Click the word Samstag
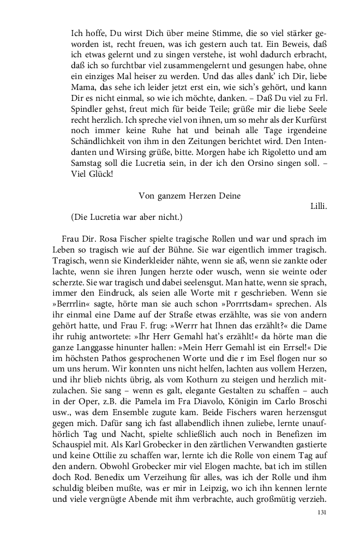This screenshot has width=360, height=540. pyautogui.click(x=87, y=169)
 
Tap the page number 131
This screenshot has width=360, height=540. pyautogui.click(x=321, y=513)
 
